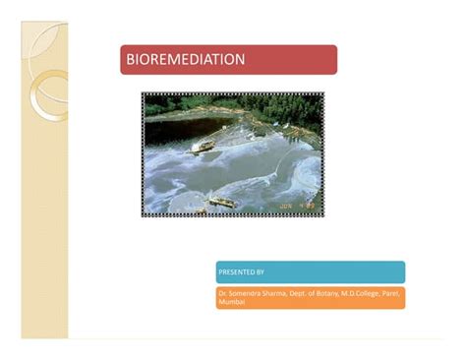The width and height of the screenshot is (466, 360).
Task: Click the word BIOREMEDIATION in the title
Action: tap(185, 60)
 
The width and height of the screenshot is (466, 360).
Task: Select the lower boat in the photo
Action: tap(222, 202)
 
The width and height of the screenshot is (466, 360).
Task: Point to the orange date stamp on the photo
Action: tap(298, 206)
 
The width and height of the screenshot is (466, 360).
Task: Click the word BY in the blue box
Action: tap(260, 271)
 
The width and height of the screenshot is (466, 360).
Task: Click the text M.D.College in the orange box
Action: tap(369, 293)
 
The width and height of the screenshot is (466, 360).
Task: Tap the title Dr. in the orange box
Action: tap(223, 293)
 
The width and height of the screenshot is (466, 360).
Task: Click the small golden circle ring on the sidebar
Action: tap(45, 94)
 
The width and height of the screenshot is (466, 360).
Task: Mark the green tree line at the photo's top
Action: tap(236, 105)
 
